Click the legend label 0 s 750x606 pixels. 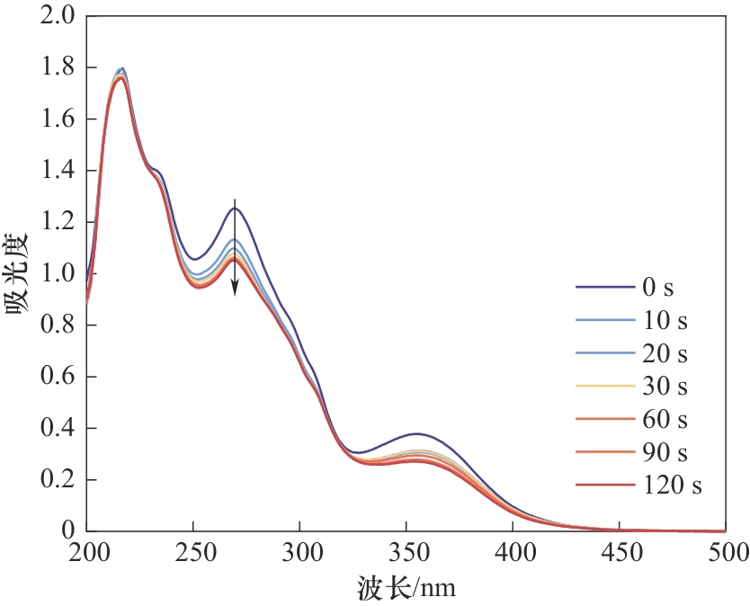pyautogui.click(x=658, y=289)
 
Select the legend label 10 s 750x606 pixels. pyautogui.click(x=665, y=321)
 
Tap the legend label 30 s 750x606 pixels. pyautogui.click(x=665, y=387)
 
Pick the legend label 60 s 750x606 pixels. pyautogui.click(x=665, y=420)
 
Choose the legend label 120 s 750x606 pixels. pyautogui.click(x=672, y=486)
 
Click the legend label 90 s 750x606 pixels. pyautogui.click(x=665, y=452)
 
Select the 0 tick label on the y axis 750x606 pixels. pyautogui.click(x=69, y=531)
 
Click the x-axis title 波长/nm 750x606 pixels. pyautogui.click(x=407, y=588)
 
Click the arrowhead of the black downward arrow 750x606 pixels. pyautogui.click(x=235, y=289)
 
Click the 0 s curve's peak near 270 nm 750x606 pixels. pyautogui.click(x=236, y=209)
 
